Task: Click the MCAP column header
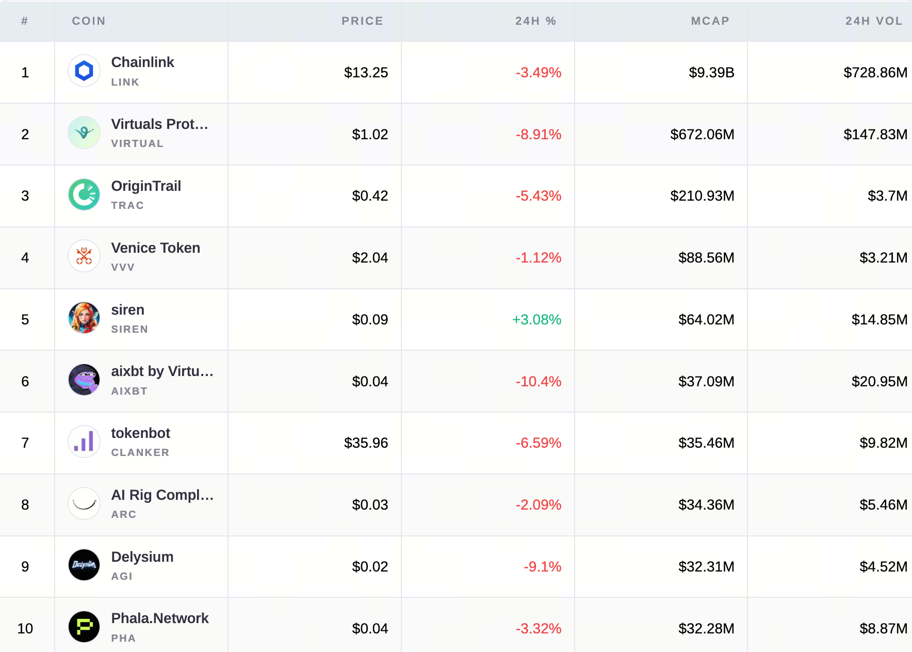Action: click(x=710, y=21)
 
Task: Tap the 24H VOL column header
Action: click(x=874, y=21)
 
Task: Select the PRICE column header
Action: click(x=362, y=21)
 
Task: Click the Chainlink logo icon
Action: click(x=84, y=71)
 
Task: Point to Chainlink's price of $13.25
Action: click(x=366, y=73)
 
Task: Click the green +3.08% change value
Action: click(x=536, y=320)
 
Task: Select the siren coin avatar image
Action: click(x=84, y=318)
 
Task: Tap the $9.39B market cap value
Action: click(x=711, y=73)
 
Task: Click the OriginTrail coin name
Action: click(x=146, y=186)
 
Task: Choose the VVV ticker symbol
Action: click(x=123, y=267)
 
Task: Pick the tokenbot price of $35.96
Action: click(x=366, y=443)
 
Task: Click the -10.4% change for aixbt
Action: click(x=539, y=382)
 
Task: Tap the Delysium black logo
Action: click(x=84, y=565)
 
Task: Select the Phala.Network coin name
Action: click(x=160, y=618)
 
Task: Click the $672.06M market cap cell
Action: click(x=702, y=135)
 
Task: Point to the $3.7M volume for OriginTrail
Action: click(x=887, y=196)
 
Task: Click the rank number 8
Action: click(x=25, y=505)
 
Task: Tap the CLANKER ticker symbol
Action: click(x=140, y=452)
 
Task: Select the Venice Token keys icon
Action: click(x=84, y=256)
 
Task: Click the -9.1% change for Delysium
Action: click(x=542, y=567)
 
